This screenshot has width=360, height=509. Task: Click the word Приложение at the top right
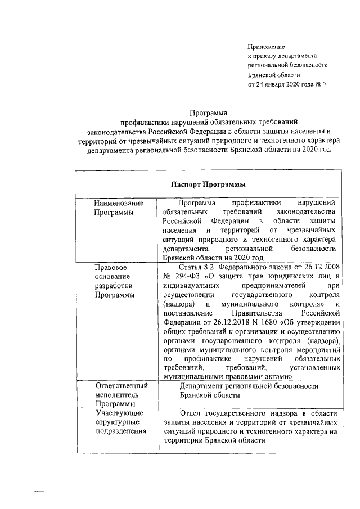tap(267, 46)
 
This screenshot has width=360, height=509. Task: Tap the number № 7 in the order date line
tap(321, 84)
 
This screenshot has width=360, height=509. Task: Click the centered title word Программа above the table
tap(208, 112)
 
